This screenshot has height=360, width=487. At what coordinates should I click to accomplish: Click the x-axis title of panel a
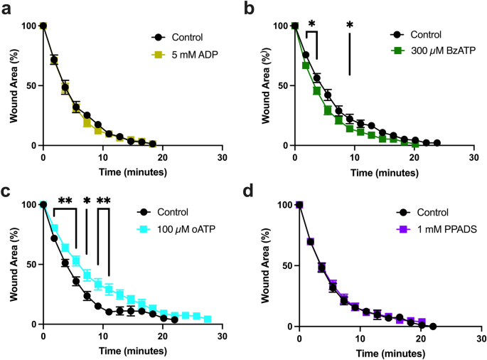(x=132, y=171)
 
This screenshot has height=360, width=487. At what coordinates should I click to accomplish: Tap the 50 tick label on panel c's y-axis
(x=30, y=264)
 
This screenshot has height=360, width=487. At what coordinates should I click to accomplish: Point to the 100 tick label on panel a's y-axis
(x=27, y=26)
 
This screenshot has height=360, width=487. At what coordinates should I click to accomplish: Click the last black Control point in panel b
(x=437, y=143)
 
